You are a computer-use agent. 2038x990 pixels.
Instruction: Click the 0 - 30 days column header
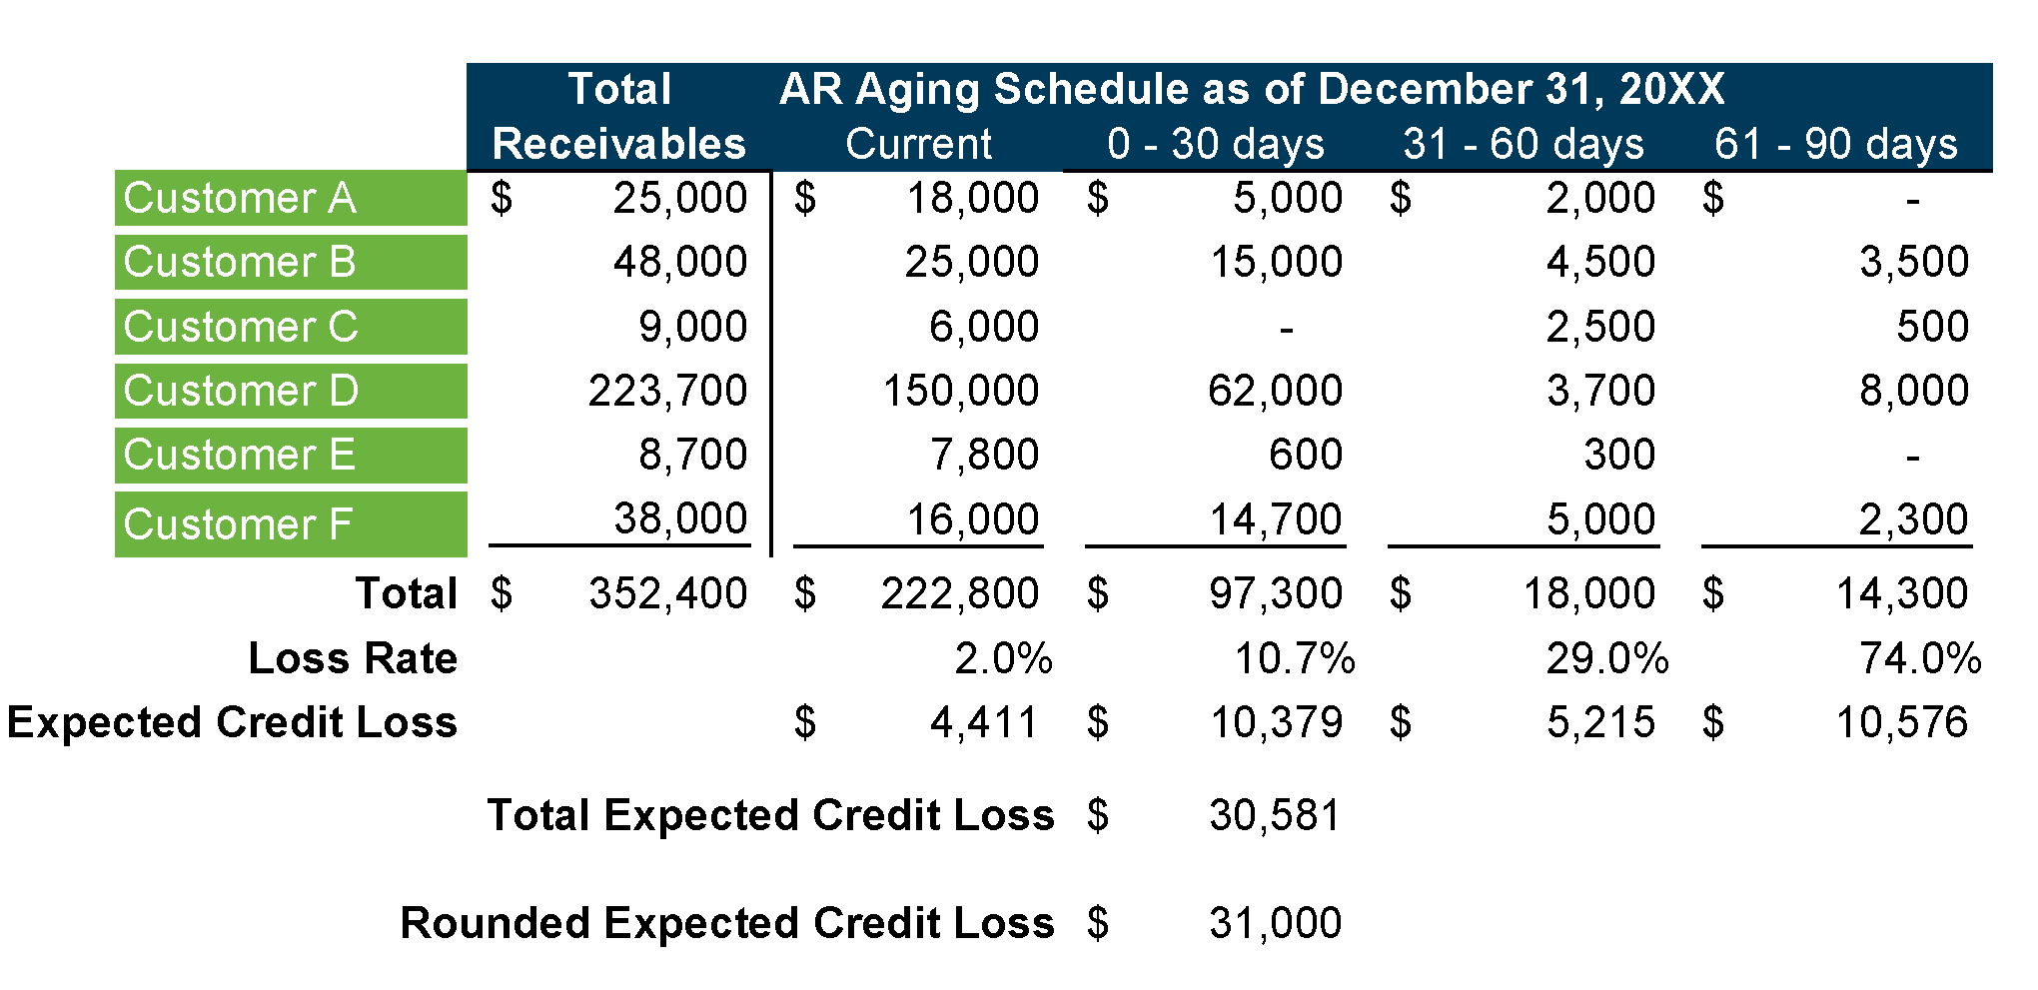coord(1216,144)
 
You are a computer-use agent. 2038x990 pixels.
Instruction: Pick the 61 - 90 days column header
coord(1835,144)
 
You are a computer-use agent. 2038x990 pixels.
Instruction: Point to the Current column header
coord(918,144)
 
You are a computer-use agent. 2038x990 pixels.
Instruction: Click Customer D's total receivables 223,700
coord(667,391)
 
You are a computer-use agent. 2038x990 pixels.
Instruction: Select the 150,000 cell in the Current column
coord(960,391)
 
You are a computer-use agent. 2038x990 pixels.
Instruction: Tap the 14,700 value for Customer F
coord(1276,519)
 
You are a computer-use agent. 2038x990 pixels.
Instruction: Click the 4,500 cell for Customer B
coord(1600,262)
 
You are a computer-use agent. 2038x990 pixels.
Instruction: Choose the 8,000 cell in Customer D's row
coord(1913,391)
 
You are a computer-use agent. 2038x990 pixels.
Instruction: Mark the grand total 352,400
coord(667,593)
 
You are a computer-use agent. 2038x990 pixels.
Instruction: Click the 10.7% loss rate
coord(1295,658)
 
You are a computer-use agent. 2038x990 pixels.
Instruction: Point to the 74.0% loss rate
coord(1920,658)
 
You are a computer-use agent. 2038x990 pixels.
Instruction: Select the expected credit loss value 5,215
coord(1600,722)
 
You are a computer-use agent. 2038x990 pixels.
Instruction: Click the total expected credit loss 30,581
coord(1275,815)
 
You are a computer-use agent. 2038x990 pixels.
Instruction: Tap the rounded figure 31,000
coord(1275,923)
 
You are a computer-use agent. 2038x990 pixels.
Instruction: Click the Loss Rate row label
coord(353,658)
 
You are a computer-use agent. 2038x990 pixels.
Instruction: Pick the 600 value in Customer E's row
coord(1305,455)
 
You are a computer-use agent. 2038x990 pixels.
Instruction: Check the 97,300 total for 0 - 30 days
coord(1276,593)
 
